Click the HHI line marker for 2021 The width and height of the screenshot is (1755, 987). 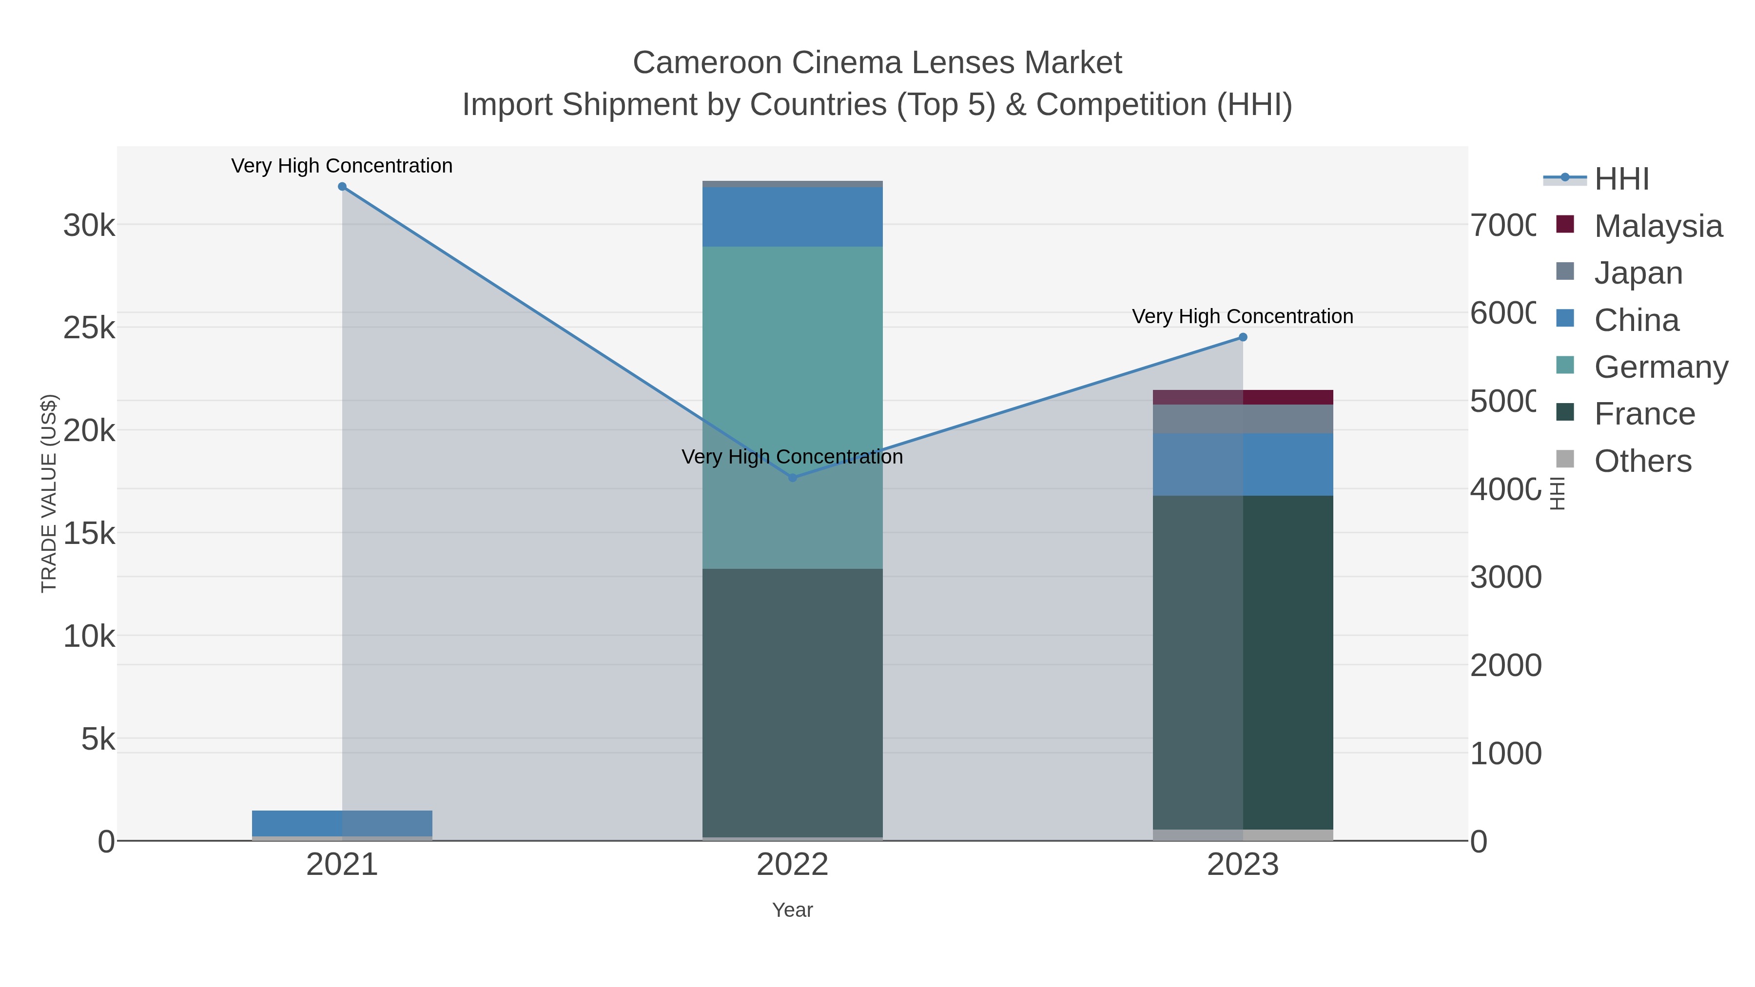coord(342,187)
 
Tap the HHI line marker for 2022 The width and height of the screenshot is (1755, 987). coord(792,478)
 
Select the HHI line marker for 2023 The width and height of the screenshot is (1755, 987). coord(1243,337)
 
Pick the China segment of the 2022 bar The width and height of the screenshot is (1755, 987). coord(792,216)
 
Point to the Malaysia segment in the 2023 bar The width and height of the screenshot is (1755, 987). coord(1243,397)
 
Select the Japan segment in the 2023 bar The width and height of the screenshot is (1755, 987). coord(1243,419)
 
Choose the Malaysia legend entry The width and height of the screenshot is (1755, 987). coord(1657,226)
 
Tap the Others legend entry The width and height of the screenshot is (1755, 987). coord(1642,461)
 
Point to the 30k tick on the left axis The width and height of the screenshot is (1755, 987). coord(89,226)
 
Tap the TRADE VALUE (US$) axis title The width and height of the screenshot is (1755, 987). coord(49,493)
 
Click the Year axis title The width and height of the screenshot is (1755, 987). coord(792,910)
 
